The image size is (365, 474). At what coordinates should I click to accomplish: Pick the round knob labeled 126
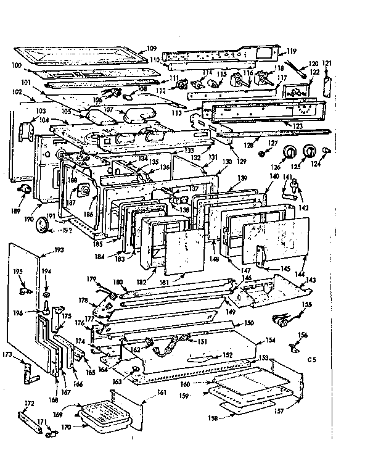[x=287, y=152]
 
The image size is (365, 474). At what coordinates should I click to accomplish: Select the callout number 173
[x=8, y=355]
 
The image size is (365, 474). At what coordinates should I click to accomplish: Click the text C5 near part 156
[x=311, y=358]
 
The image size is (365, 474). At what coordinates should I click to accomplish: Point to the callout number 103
[x=41, y=111]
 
